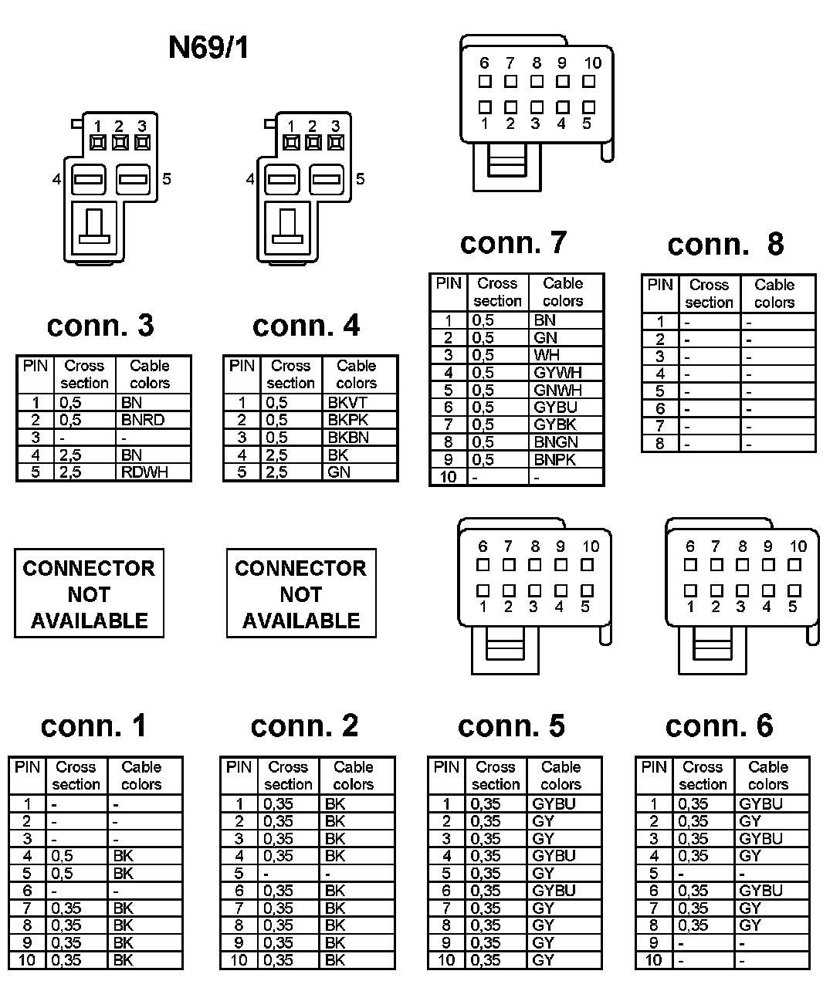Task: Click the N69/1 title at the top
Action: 208,49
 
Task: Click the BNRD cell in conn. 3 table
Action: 143,420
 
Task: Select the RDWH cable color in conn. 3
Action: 144,472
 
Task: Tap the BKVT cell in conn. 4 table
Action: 347,402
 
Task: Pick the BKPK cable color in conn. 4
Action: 348,420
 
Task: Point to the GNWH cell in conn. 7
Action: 557,390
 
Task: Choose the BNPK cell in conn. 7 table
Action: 555,459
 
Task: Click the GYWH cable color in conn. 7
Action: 557,372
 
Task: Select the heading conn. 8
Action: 725,245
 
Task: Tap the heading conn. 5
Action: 511,725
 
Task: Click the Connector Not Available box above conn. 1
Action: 89,594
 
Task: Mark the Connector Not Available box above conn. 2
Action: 301,594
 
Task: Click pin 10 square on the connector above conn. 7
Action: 589,81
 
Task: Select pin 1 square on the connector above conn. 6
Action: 690,591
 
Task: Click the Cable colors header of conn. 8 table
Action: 774,293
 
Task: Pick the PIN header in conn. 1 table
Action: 28,767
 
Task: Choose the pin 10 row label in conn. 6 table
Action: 653,960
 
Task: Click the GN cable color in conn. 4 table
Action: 339,472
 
